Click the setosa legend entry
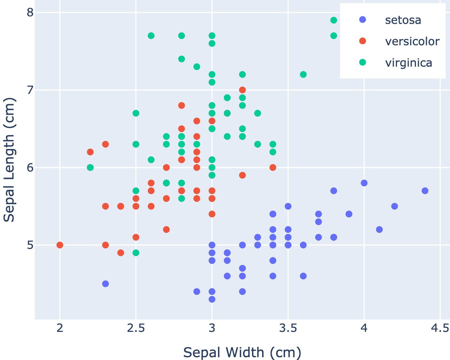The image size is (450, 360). pos(403,20)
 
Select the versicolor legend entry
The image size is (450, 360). pos(412,41)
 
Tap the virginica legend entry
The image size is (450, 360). pos(408,63)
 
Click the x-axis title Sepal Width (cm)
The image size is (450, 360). pos(242,352)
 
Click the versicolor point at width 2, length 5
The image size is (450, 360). pos(60,245)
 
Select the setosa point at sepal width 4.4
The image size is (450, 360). pos(425,191)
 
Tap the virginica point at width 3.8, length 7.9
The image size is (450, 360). pos(334,20)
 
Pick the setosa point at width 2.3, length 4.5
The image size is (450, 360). pos(105,284)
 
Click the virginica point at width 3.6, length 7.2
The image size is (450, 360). pos(303,75)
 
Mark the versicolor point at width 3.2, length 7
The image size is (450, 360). pos(242,90)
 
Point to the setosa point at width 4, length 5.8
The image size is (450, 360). pos(364,183)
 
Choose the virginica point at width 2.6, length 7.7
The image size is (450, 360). pos(151,36)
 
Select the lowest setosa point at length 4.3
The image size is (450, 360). pos(212,299)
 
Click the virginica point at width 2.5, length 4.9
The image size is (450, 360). pos(136,253)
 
